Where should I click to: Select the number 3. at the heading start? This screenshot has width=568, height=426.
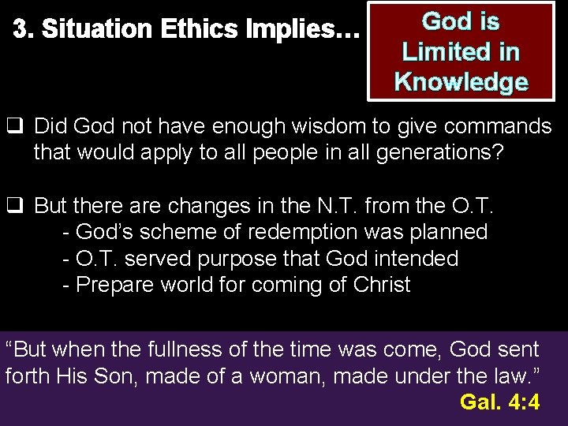(24, 30)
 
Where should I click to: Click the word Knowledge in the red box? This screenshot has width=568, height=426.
(461, 81)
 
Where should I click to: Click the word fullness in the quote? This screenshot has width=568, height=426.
(187, 349)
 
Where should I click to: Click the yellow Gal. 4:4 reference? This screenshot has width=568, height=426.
(499, 402)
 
